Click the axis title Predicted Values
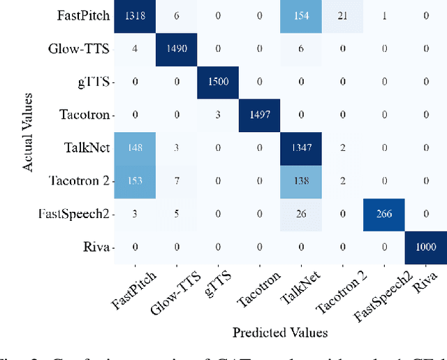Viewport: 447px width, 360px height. [279, 333]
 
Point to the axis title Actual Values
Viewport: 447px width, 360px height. [28, 132]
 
